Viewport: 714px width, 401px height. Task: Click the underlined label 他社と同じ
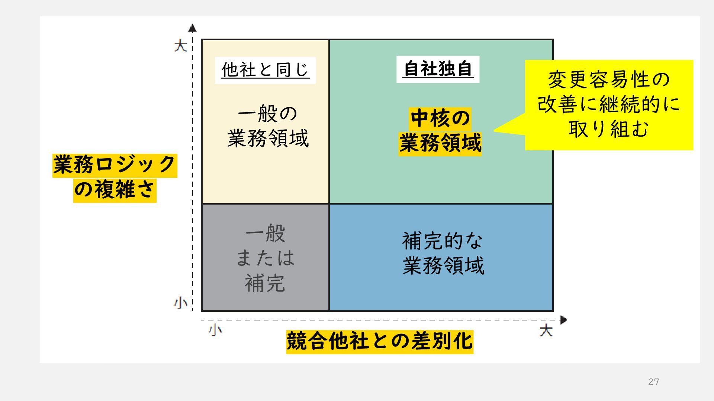(x=265, y=70)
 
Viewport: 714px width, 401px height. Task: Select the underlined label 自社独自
(x=438, y=69)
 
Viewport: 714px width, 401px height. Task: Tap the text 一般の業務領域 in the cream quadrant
(x=268, y=126)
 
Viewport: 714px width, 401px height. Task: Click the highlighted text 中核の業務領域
(x=440, y=131)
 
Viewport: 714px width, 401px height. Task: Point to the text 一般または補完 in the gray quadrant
(x=265, y=258)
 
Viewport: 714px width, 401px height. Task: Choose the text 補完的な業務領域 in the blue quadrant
(x=443, y=254)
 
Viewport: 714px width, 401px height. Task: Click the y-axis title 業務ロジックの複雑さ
(x=115, y=177)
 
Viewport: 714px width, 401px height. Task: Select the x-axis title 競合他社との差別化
(x=379, y=341)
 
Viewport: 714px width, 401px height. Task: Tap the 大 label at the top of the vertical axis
(x=180, y=46)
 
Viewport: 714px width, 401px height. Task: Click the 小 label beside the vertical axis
(x=180, y=303)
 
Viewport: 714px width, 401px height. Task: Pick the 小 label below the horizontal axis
(x=215, y=330)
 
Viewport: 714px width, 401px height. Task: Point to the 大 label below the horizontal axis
(x=546, y=330)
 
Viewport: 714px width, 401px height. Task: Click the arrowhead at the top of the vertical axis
(x=192, y=28)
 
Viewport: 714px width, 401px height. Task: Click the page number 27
(x=653, y=382)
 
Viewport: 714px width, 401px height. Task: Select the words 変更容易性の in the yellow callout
(x=609, y=80)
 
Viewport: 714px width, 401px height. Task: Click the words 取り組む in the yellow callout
(x=609, y=129)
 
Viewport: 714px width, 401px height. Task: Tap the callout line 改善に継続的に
(x=609, y=104)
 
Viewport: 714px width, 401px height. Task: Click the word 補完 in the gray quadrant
(x=265, y=283)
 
